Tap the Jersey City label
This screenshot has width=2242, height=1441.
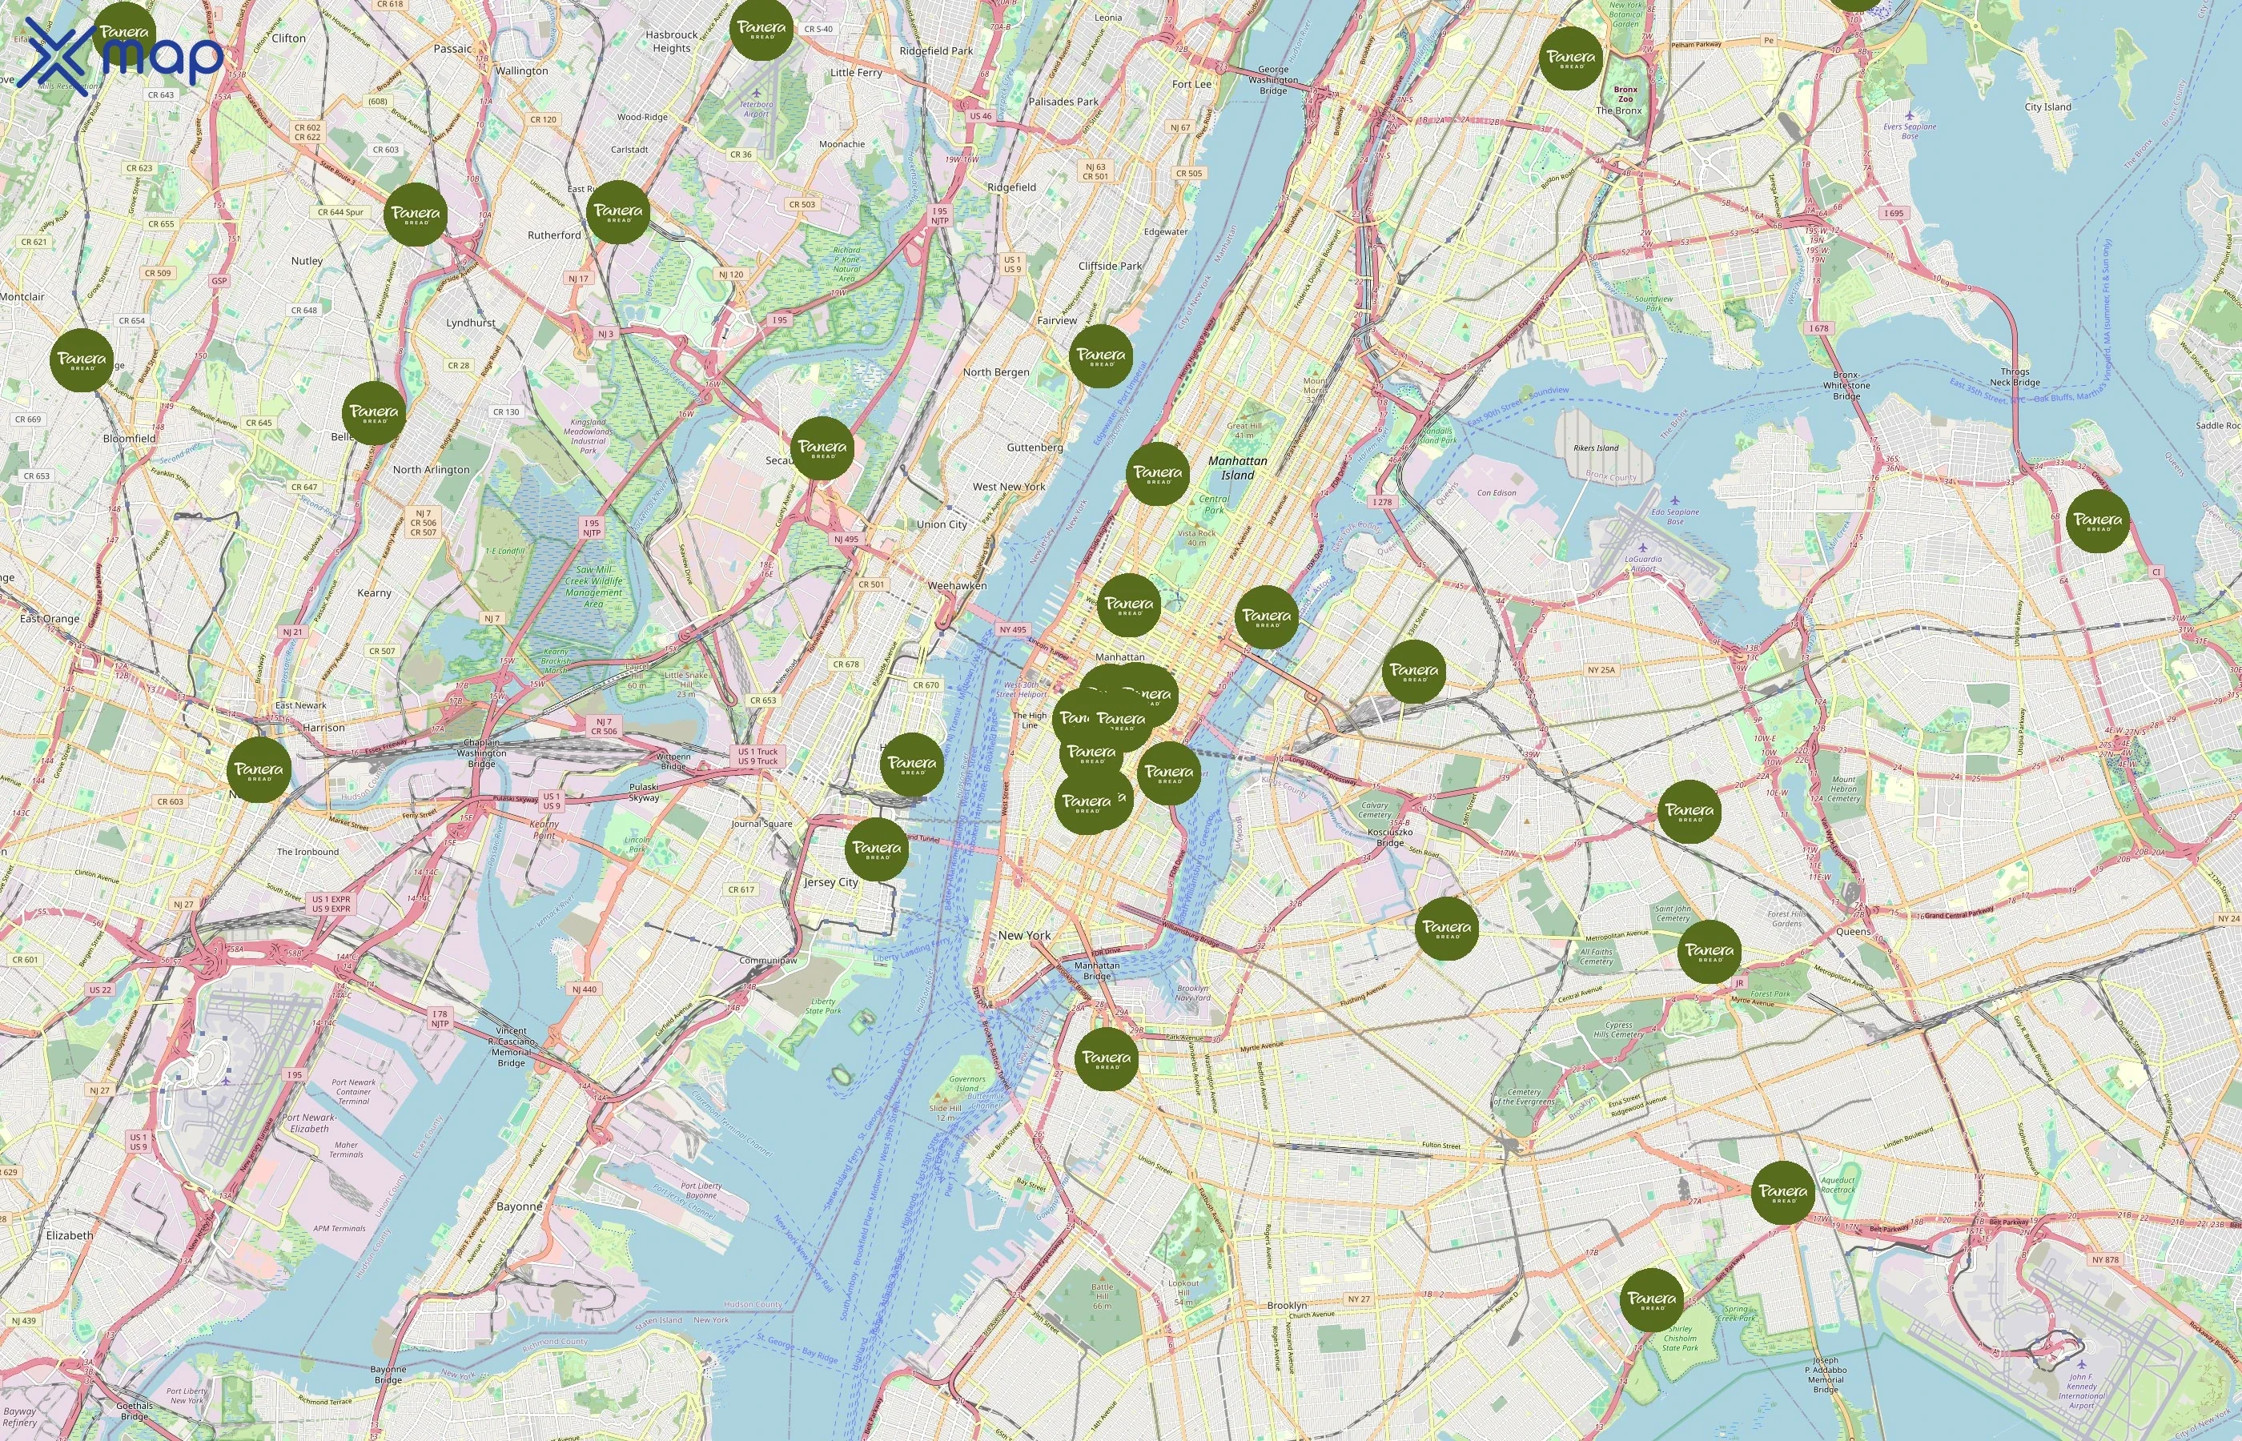[831, 882]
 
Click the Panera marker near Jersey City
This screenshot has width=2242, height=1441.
[877, 849]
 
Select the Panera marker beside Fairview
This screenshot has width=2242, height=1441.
[1100, 356]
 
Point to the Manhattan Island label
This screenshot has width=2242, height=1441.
[1237, 468]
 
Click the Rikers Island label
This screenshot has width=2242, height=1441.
[1595, 448]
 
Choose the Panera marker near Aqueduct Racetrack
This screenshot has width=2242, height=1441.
[1782, 1193]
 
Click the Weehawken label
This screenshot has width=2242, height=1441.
[956, 586]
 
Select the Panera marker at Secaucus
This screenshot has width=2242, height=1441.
[822, 449]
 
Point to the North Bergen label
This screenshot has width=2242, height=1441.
[995, 372]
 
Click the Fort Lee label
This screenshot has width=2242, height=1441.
[1191, 84]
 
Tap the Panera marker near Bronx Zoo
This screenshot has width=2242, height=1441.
[1571, 58]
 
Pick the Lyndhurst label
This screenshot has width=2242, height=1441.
[471, 323]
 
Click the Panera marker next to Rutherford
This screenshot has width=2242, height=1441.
[618, 212]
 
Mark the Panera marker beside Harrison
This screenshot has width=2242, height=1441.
[259, 769]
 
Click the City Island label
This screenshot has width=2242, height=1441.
[2047, 107]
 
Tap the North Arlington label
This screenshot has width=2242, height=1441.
[431, 470]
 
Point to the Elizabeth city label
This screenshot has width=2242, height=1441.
[69, 1235]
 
